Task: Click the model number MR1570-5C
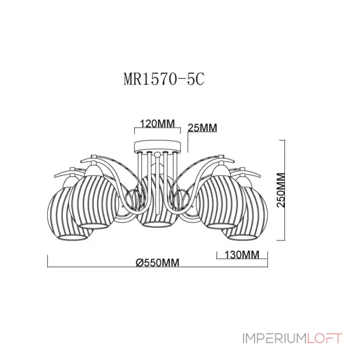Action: coord(164,80)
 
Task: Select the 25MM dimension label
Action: coord(202,128)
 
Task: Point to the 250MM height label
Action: coord(281,190)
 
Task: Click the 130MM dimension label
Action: coord(242,255)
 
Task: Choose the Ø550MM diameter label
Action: coord(157,263)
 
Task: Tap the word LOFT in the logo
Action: coord(324,338)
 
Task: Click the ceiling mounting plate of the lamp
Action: coord(157,146)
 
